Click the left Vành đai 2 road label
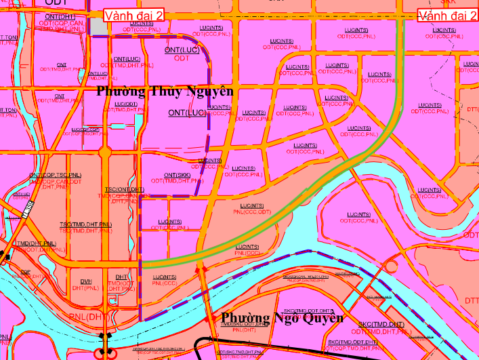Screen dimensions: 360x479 [133, 15]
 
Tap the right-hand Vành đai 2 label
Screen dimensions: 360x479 [448, 15]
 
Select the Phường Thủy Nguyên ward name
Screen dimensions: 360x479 [165, 91]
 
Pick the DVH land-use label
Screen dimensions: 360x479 [86, 281]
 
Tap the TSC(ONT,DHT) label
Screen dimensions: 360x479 [124, 189]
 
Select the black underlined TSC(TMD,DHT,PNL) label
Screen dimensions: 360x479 [85, 224]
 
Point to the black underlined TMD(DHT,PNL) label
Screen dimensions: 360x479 [36, 243]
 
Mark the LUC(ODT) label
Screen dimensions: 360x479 [126, 104]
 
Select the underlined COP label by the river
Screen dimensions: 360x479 [26, 272]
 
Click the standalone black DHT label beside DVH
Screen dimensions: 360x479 [121, 277]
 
